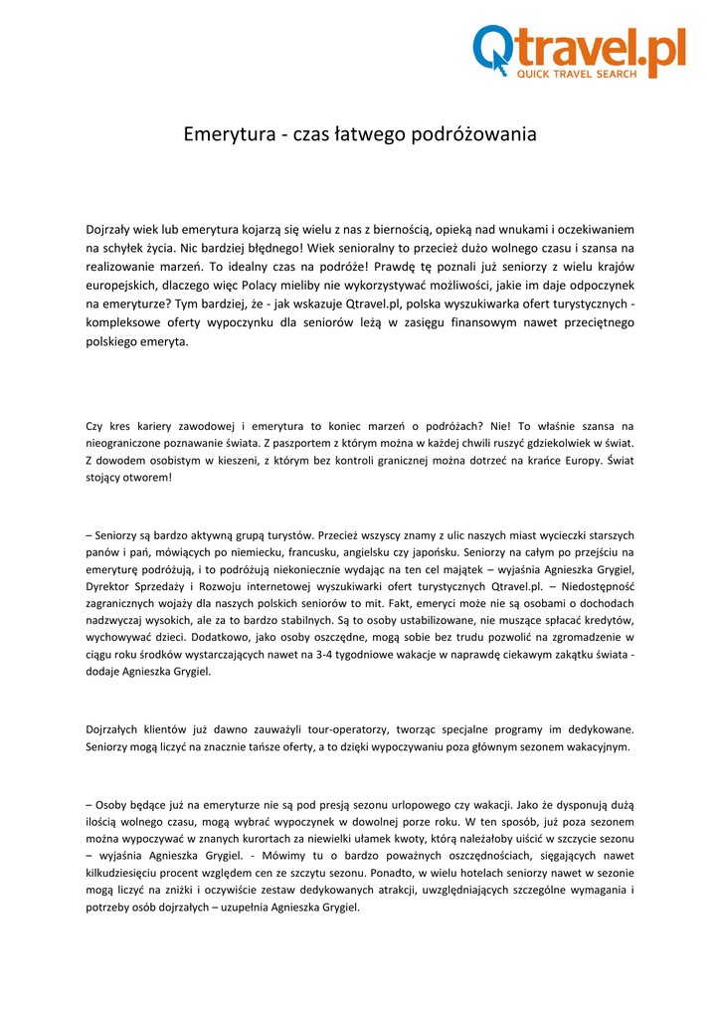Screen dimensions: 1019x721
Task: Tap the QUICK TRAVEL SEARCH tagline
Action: pos(575,75)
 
